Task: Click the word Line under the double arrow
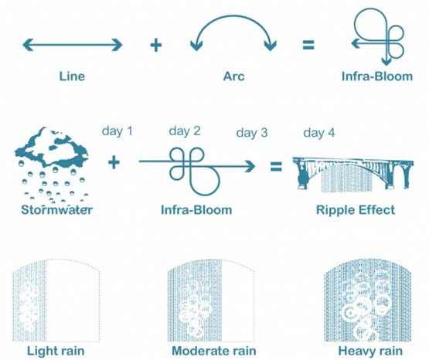(72, 76)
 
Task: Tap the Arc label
(233, 76)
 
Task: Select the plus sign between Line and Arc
(156, 45)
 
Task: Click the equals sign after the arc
(308, 45)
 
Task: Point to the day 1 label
(117, 131)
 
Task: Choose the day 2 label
(185, 131)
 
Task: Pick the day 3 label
(252, 133)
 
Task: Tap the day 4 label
(319, 133)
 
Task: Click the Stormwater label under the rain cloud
(57, 210)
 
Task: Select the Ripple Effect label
(356, 210)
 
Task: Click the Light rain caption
(56, 351)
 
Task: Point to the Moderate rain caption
(214, 351)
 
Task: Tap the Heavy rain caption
(370, 351)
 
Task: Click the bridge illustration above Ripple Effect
(353, 173)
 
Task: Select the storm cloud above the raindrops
(52, 148)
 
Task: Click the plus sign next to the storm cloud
(114, 163)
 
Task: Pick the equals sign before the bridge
(276, 166)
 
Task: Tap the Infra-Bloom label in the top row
(377, 76)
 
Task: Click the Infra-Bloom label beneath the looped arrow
(196, 210)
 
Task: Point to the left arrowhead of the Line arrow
(28, 45)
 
